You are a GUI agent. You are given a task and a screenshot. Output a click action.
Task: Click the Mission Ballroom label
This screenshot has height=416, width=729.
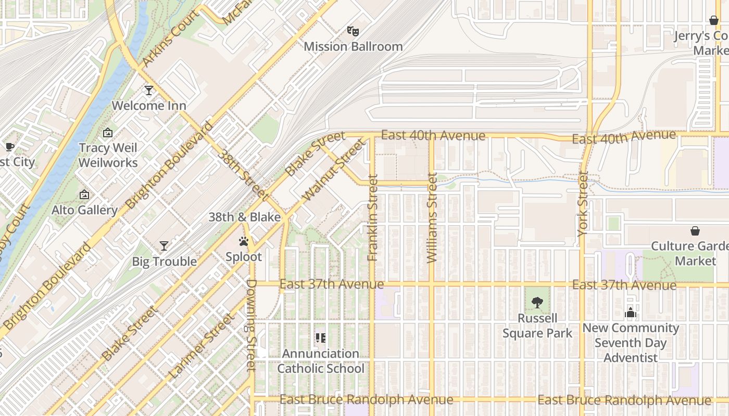click(353, 46)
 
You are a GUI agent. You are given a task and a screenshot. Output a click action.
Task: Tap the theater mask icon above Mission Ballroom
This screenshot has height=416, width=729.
click(353, 31)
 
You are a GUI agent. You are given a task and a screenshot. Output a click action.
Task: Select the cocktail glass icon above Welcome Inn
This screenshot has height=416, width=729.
click(149, 90)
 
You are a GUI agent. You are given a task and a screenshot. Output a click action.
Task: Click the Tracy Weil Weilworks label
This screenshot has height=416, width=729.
click(108, 155)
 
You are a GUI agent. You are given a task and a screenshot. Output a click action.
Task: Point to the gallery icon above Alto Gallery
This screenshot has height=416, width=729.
click(84, 195)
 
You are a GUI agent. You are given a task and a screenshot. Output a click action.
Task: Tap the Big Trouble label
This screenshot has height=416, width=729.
click(164, 261)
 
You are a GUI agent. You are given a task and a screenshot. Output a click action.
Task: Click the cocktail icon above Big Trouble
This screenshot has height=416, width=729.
click(164, 245)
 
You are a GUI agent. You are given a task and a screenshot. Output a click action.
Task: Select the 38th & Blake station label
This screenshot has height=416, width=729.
click(245, 217)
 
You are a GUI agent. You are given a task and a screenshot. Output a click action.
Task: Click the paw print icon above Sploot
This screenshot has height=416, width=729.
click(244, 241)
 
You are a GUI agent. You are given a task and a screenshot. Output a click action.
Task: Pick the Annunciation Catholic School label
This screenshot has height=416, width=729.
click(321, 361)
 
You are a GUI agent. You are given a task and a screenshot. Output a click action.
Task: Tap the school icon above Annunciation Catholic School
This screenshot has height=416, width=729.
click(321, 338)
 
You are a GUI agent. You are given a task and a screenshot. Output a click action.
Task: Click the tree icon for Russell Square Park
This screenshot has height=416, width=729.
click(537, 302)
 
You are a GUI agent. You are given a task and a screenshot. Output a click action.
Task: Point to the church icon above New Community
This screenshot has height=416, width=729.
click(631, 313)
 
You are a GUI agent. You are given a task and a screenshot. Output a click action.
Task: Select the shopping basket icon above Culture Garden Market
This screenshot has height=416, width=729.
click(695, 231)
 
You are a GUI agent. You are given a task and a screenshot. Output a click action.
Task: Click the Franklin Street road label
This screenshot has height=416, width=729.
click(372, 217)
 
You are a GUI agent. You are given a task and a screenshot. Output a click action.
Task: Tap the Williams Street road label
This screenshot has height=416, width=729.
click(432, 217)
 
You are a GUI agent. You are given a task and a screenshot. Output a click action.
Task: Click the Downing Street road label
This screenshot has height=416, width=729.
click(251, 325)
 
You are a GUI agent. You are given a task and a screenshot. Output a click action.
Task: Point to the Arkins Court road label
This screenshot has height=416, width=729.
click(171, 38)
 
